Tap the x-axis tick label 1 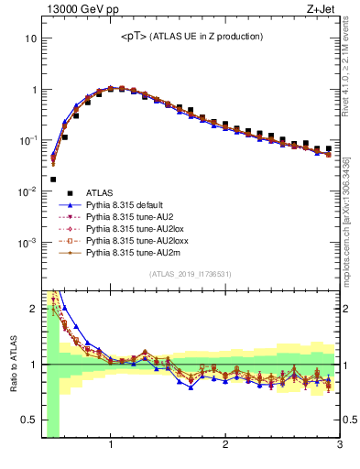pos(111,445)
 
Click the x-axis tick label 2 pos(225,445)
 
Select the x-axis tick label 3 pos(339,445)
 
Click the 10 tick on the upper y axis pos(30,39)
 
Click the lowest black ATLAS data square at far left pos(53,180)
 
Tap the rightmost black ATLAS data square pos(328,148)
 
